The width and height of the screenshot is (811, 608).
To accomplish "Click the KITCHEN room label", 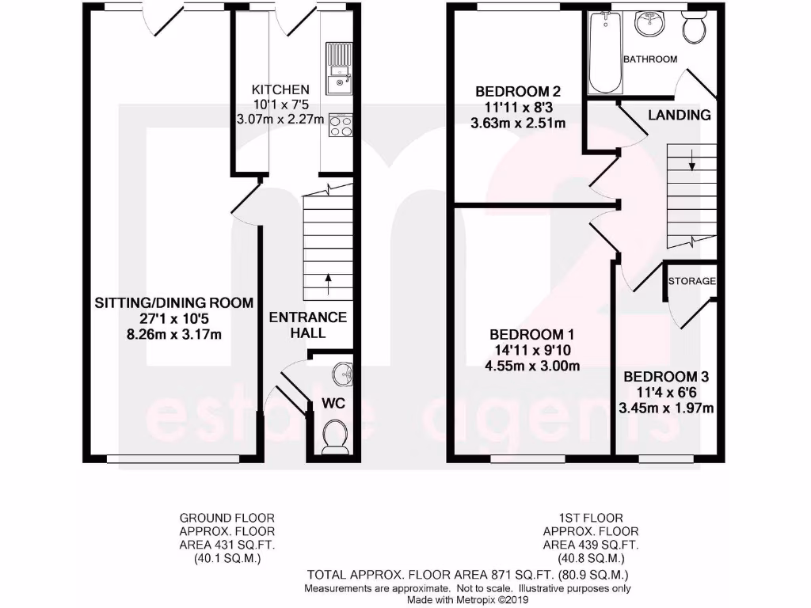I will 280,89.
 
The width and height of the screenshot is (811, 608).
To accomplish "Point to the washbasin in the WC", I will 341,372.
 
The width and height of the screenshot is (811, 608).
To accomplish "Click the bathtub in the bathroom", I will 606,53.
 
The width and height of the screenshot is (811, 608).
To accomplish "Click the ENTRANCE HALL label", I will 308,325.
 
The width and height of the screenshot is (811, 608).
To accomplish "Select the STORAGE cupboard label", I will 691,281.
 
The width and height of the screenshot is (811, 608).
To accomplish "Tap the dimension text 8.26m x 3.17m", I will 174,334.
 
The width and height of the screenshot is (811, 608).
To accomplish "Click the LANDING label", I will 679,116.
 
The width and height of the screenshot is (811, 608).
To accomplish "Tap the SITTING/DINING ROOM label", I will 174,302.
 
